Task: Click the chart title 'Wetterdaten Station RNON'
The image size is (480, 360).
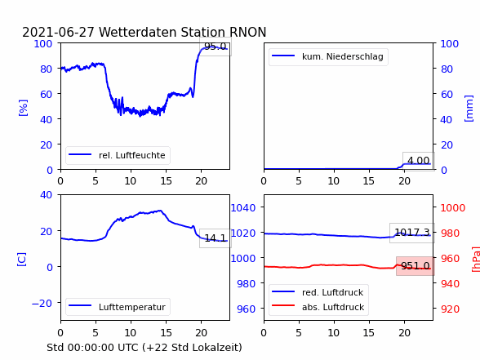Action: (183, 32)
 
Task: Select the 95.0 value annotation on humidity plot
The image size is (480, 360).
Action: (216, 47)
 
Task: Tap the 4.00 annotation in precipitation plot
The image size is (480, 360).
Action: (419, 161)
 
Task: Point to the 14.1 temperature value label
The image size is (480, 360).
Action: (216, 238)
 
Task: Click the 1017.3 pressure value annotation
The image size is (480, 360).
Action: (412, 233)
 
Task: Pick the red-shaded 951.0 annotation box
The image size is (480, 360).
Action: (416, 266)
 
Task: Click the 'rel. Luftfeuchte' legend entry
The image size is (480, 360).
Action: (118, 155)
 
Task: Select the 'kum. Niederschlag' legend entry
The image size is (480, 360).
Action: (328, 56)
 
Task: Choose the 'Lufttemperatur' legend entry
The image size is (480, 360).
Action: (118, 307)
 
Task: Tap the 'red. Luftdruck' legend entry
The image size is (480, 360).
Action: (318, 292)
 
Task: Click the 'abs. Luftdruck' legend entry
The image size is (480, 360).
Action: (318, 307)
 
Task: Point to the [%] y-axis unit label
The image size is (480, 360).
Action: (23, 108)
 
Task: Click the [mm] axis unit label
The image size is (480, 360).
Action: (469, 109)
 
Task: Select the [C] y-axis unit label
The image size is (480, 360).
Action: (22, 260)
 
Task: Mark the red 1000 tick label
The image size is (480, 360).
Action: (453, 208)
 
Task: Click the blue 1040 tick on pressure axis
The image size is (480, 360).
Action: (243, 208)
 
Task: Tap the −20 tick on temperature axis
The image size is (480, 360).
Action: (42, 303)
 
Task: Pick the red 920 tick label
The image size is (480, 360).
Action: (450, 309)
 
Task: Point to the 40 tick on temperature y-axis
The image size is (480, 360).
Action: (47, 194)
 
